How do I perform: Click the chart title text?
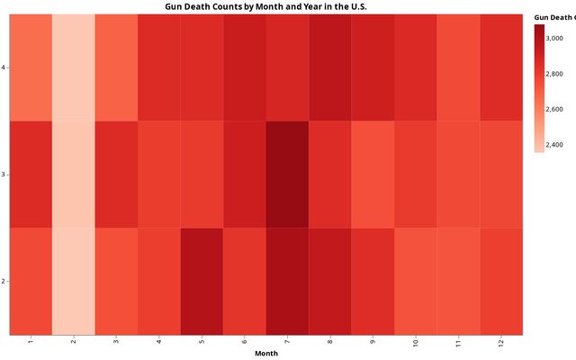[x=265, y=6]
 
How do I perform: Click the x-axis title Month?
[x=265, y=354]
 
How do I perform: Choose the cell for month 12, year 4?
[x=501, y=67]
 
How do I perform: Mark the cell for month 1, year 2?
[x=31, y=281]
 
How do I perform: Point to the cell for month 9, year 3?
[x=373, y=174]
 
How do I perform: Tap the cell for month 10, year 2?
[x=416, y=281]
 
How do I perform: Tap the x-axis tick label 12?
[x=501, y=344]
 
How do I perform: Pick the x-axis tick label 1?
[x=31, y=342]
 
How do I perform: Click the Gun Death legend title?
[x=553, y=16]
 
